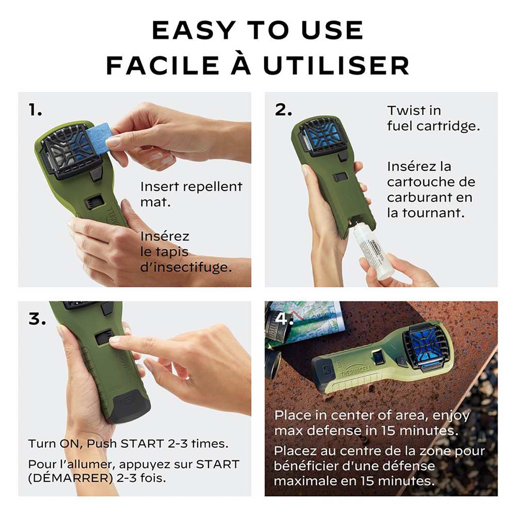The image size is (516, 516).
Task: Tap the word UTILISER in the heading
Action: point(336,65)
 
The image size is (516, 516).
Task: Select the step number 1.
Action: point(35,110)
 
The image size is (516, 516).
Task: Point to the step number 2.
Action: point(283,110)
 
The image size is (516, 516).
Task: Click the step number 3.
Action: point(37,319)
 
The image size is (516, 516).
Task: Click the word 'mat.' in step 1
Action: point(156,202)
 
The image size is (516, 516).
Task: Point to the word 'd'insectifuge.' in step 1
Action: point(186,267)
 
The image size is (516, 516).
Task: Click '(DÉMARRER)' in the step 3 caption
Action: point(71,477)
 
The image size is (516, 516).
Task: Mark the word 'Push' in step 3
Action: point(102,444)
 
